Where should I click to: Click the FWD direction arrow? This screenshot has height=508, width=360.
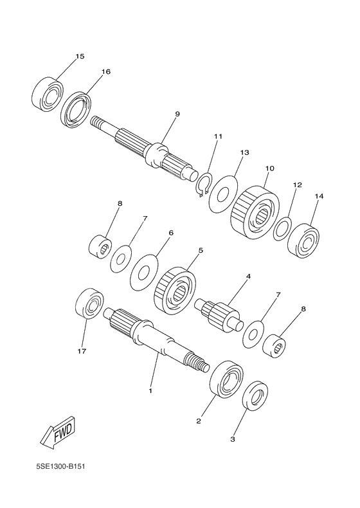(58, 433)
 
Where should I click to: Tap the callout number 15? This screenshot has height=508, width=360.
(80, 57)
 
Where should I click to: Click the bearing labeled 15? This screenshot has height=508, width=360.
(48, 94)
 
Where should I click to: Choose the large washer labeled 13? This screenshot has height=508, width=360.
(223, 194)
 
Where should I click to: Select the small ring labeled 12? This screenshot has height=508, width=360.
(282, 229)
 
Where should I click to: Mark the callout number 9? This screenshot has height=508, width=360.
(177, 114)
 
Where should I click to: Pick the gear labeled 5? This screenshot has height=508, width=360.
(175, 290)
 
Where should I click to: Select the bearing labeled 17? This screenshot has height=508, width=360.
(89, 304)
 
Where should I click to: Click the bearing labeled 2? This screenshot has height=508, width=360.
(227, 379)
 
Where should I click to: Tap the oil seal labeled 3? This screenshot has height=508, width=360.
(255, 395)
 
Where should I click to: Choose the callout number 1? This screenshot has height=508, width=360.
(150, 391)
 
